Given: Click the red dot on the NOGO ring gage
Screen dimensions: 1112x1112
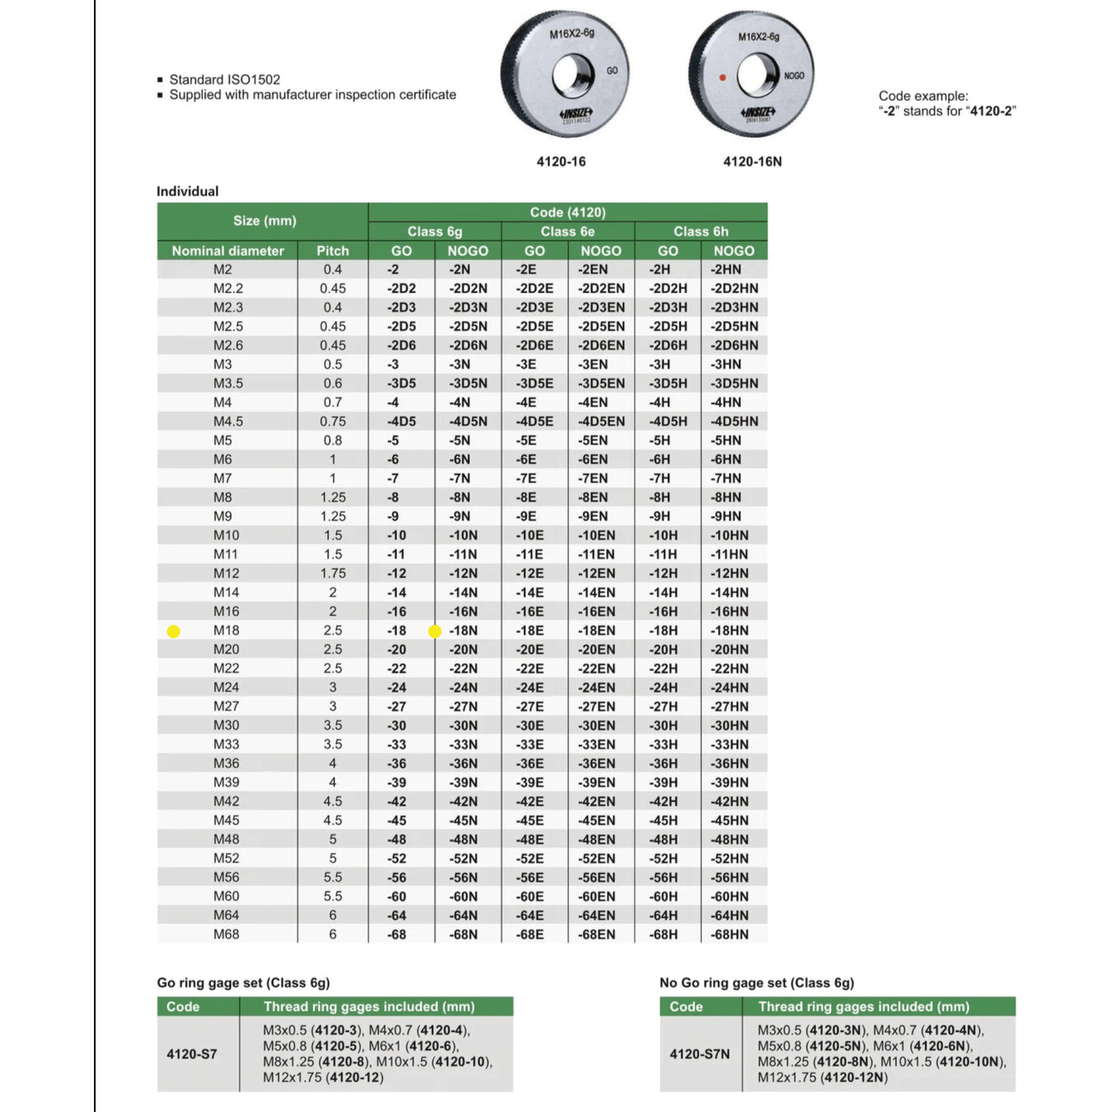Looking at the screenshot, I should (722, 77).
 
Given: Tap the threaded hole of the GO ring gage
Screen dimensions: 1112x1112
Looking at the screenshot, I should (573, 76).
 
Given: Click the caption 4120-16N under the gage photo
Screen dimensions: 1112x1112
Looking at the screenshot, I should (752, 162).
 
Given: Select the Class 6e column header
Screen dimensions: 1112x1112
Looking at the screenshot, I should (567, 231).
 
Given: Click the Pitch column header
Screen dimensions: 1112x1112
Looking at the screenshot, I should (332, 251).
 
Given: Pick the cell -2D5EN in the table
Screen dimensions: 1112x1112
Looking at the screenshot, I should (601, 326).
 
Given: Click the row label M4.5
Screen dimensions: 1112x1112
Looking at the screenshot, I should (228, 421).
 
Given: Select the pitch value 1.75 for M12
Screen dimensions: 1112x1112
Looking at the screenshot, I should (333, 573).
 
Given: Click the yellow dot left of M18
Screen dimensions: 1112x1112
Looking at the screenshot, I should (173, 631).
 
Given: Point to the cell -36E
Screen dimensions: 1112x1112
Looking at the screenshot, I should (530, 764).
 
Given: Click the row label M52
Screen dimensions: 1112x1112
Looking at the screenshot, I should (226, 858).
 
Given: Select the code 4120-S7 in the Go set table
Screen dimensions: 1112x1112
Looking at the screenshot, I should (192, 1054).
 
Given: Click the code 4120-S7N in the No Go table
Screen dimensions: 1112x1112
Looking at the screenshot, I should (699, 1054).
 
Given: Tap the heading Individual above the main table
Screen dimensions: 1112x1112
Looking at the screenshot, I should (187, 191).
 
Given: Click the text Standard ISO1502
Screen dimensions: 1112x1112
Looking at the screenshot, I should (224, 79).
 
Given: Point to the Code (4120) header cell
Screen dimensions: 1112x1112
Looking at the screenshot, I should (567, 212).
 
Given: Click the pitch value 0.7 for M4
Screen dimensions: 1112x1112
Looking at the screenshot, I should (333, 402).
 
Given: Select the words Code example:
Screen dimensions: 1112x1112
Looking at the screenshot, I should (923, 96).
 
